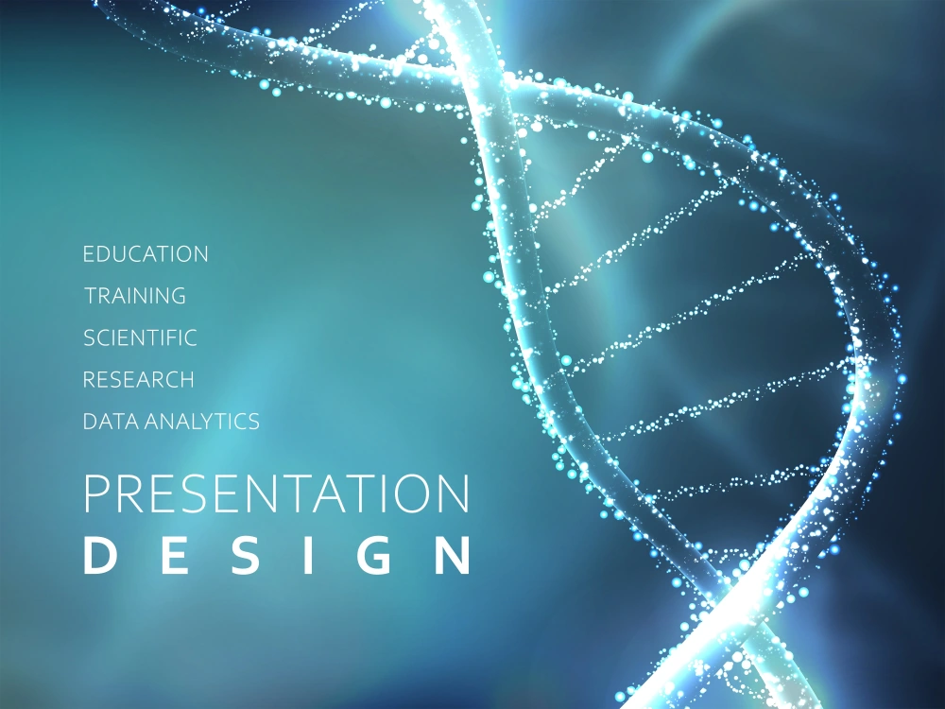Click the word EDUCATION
[146, 254]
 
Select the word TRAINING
[135, 296]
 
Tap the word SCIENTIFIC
[140, 337]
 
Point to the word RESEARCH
[139, 380]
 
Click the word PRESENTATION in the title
[276, 494]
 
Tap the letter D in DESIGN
[98, 557]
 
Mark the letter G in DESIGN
[379, 557]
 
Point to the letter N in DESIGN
[453, 557]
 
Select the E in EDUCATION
[89, 254]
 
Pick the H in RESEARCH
[186, 380]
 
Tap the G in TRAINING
[177, 296]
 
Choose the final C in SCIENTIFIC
[190, 337]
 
